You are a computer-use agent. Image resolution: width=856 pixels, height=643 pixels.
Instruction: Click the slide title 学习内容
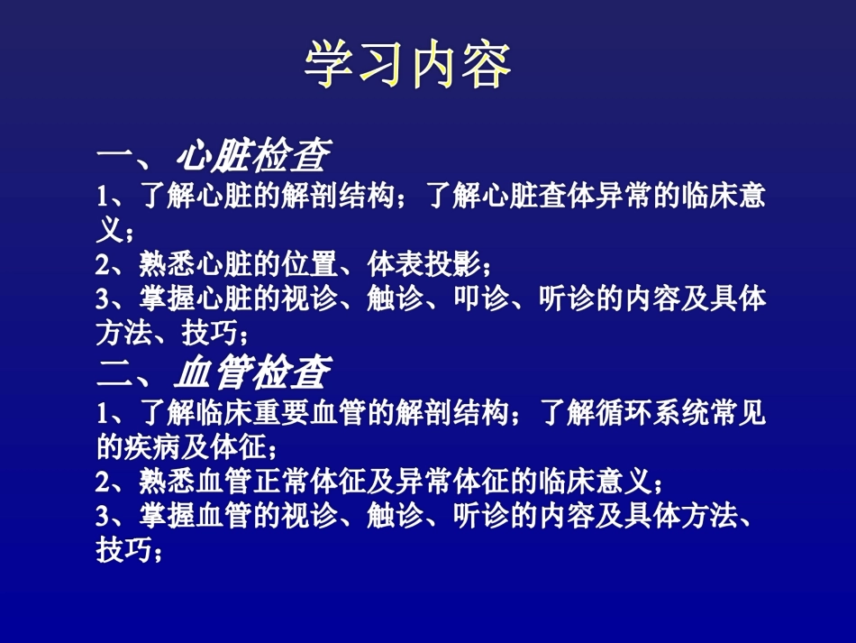point(409,64)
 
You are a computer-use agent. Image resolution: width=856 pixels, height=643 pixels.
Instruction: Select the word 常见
point(743,413)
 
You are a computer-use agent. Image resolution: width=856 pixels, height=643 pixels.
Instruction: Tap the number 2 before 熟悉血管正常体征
point(102,481)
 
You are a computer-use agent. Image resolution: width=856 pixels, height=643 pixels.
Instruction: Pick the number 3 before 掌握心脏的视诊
point(102,299)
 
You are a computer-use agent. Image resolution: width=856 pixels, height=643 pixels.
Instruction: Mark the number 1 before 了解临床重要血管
point(102,414)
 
